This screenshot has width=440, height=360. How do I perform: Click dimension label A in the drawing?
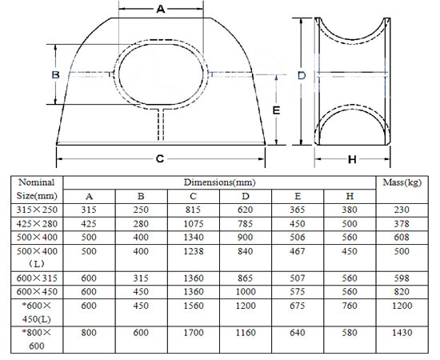click(160, 10)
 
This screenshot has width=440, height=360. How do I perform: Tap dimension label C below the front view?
click(160, 158)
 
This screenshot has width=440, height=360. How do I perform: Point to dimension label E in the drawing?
click(275, 110)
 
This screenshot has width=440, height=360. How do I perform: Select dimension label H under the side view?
click(352, 158)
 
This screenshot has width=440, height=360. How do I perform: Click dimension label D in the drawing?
click(302, 75)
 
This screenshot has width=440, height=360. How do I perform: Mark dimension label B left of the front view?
click(56, 74)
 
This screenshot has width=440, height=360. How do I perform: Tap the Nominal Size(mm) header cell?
click(36, 188)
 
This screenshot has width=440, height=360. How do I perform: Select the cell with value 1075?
click(193, 223)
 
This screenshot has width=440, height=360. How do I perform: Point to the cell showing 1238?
click(193, 251)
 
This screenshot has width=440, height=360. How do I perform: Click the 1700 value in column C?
click(193, 332)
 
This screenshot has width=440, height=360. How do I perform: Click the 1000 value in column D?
click(245, 290)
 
